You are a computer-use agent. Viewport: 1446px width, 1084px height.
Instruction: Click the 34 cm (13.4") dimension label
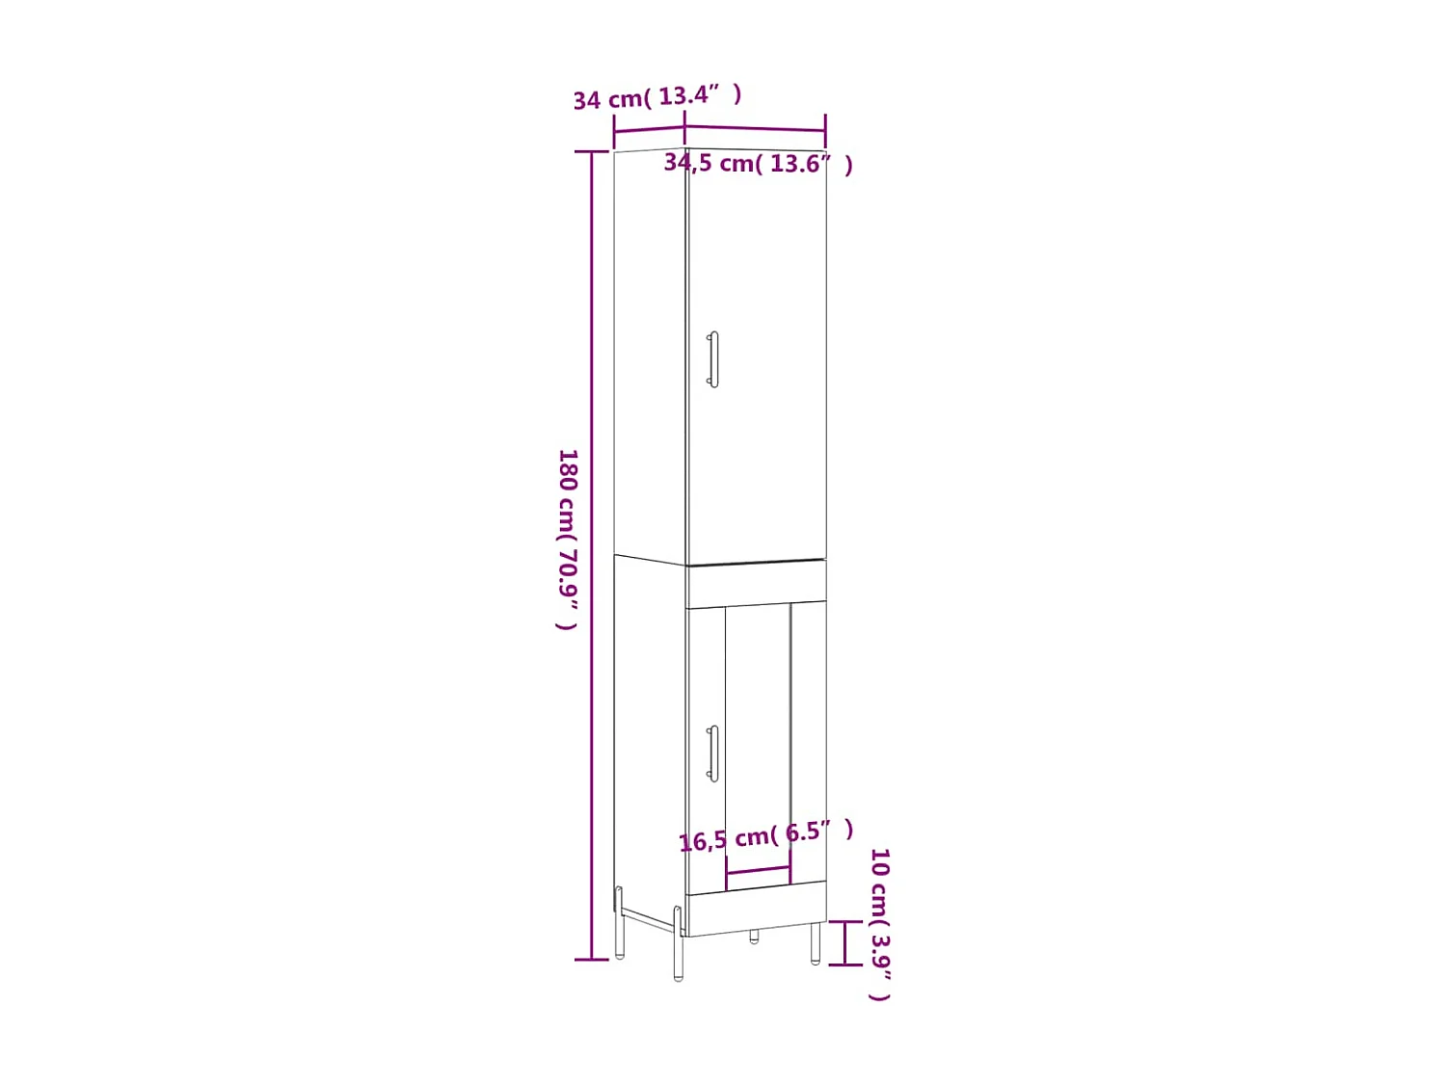(x=656, y=97)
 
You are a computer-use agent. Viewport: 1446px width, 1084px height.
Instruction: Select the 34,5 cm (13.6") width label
(x=758, y=164)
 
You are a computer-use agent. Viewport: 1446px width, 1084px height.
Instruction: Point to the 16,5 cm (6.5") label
(x=765, y=835)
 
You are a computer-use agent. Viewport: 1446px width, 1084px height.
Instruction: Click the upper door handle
(x=713, y=359)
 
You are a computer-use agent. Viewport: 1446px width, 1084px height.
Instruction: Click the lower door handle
(x=713, y=753)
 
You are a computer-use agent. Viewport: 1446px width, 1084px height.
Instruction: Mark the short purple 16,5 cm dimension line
(x=758, y=872)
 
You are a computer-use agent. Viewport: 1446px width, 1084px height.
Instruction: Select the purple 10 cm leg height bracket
(x=845, y=942)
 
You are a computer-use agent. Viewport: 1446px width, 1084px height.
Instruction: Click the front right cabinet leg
(x=816, y=944)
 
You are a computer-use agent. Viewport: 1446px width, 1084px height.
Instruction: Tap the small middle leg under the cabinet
(x=754, y=936)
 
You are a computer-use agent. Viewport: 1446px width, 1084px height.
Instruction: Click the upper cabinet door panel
(x=757, y=366)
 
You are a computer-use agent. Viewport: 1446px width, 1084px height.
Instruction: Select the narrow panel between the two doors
(x=757, y=584)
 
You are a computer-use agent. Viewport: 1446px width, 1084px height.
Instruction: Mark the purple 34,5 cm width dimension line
(x=755, y=127)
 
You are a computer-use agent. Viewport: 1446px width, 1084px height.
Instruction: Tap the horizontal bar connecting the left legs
(x=648, y=918)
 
